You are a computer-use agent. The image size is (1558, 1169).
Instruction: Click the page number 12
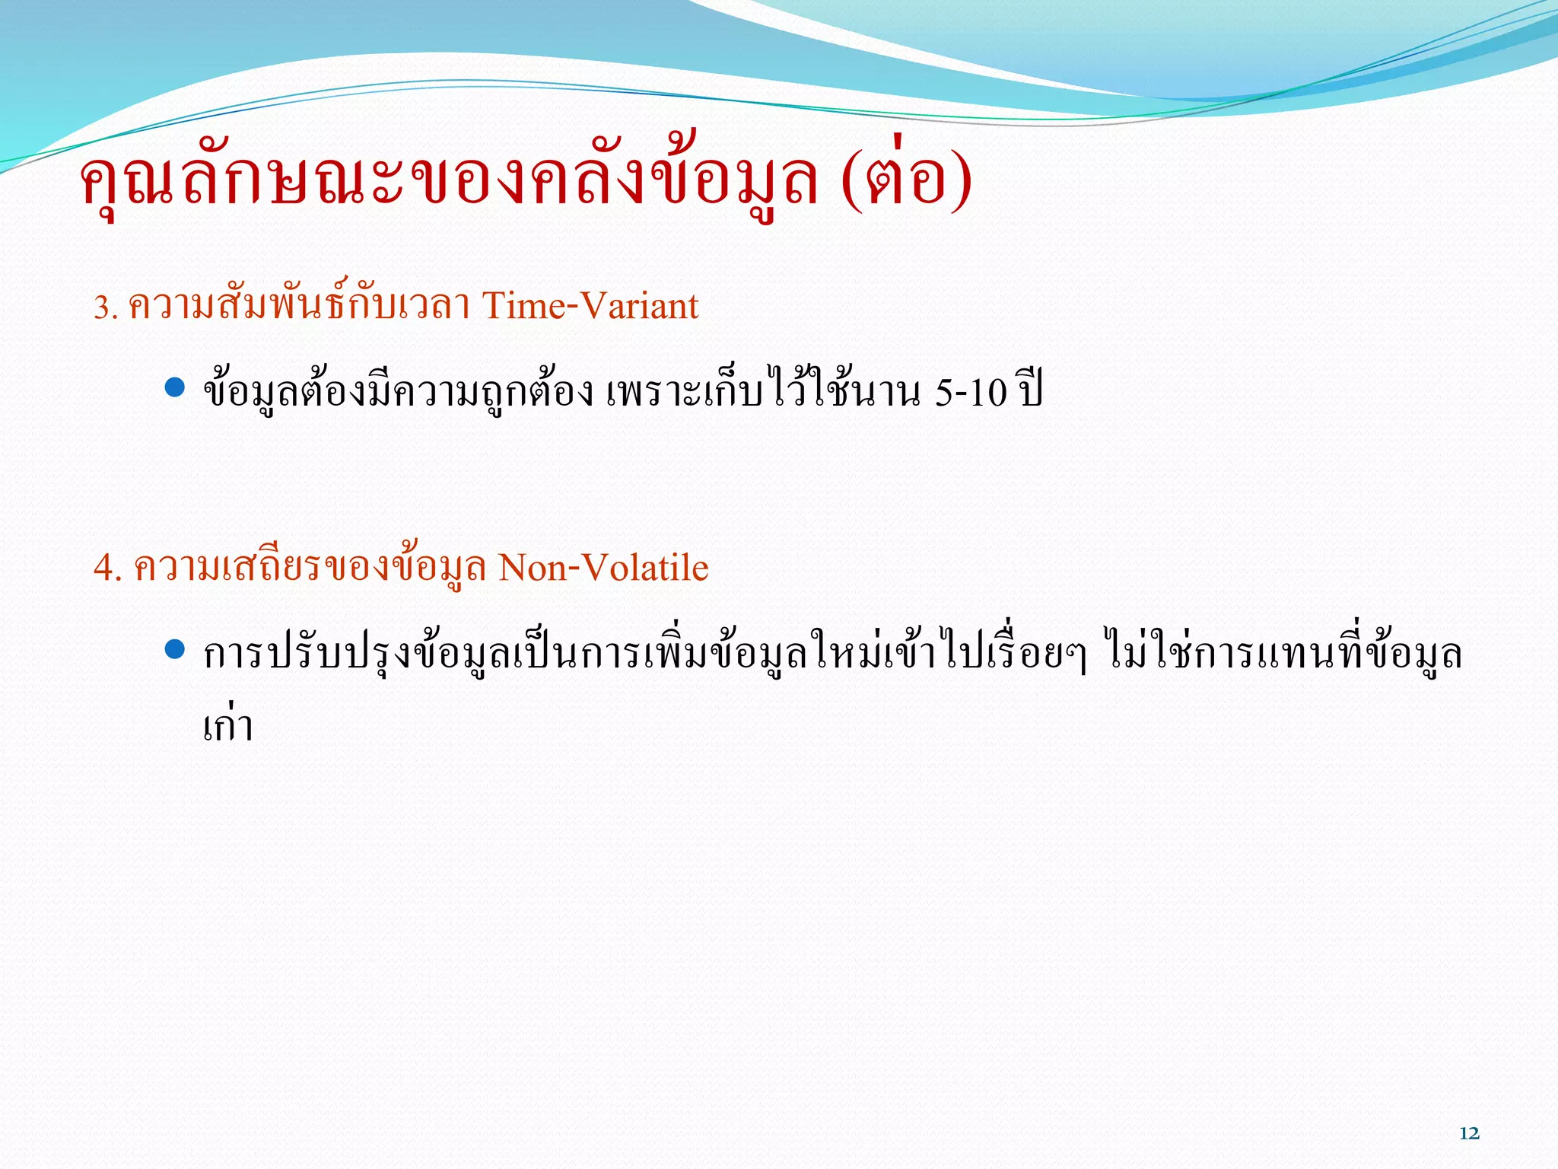tap(1469, 1133)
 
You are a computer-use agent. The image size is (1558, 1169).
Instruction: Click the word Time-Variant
tap(590, 306)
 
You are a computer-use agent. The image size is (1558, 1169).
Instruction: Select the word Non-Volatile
tap(603, 568)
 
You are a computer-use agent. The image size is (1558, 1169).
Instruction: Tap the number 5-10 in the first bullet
tap(971, 393)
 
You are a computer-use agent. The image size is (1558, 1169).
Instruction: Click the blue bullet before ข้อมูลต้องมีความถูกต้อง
tap(175, 387)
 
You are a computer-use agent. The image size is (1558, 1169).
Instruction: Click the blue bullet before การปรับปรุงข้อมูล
tap(175, 649)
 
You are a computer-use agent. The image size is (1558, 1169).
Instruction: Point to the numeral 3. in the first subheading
tap(105, 307)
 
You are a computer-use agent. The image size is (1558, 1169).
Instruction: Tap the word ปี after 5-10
tap(1032, 391)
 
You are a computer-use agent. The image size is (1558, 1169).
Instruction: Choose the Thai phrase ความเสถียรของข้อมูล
tap(310, 568)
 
